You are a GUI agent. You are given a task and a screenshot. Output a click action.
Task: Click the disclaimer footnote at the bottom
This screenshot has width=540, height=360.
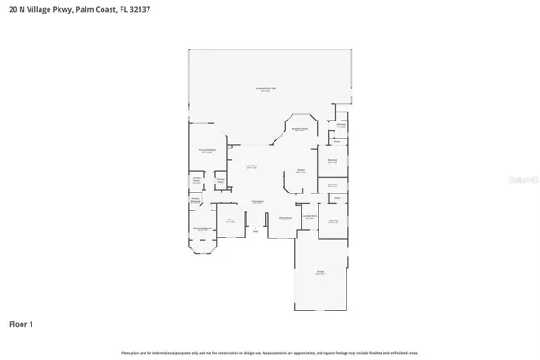[270, 351]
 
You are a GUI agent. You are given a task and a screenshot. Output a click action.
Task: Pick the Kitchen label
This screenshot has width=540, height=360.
[301, 170]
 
